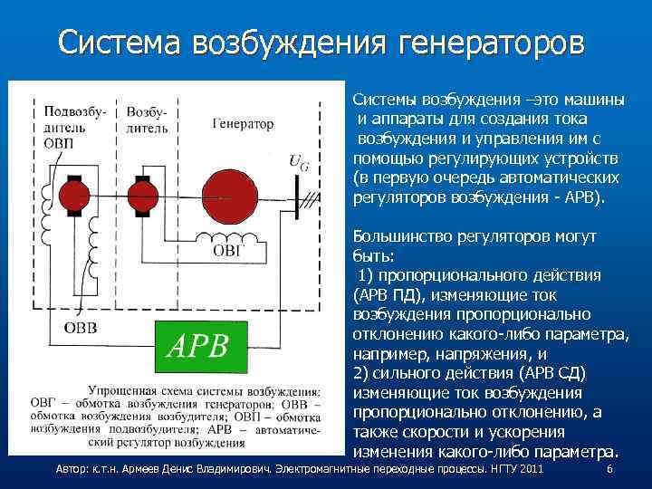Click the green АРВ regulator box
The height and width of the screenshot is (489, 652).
[x=205, y=345]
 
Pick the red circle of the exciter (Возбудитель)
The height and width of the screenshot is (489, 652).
[x=141, y=194]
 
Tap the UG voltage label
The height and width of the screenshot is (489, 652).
[x=296, y=161]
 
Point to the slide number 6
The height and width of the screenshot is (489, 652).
[x=609, y=470]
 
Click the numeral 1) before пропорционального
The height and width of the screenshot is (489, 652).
[x=366, y=275]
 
